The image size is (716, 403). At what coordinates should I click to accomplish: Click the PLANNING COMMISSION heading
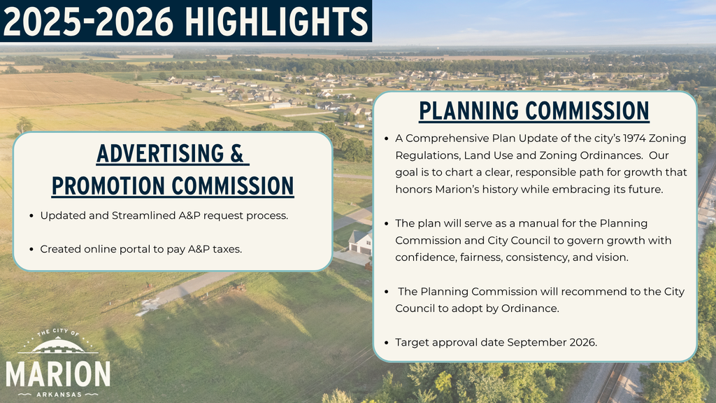click(534, 111)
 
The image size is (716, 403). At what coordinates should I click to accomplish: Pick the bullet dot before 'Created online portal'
click(32, 249)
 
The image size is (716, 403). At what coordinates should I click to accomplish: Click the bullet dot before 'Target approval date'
click(387, 342)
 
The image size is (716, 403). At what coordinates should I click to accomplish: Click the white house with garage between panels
click(361, 242)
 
